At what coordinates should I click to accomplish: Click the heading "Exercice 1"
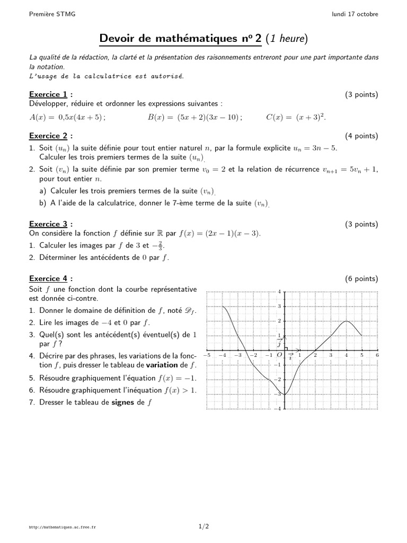tap(48, 94)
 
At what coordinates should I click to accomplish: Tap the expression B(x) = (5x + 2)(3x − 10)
tap(195, 118)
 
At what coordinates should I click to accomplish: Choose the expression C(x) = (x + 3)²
tap(296, 117)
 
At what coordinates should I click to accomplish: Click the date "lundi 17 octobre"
tap(355, 14)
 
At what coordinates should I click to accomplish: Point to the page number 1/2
tap(203, 527)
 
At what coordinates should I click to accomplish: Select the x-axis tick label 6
tap(377, 355)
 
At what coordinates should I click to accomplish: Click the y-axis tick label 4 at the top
tap(279, 292)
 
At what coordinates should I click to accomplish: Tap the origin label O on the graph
tap(279, 355)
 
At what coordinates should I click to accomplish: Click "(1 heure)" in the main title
tap(287, 39)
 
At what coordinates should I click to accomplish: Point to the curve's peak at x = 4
tap(346, 321)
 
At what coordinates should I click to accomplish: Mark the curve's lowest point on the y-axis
tap(285, 395)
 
